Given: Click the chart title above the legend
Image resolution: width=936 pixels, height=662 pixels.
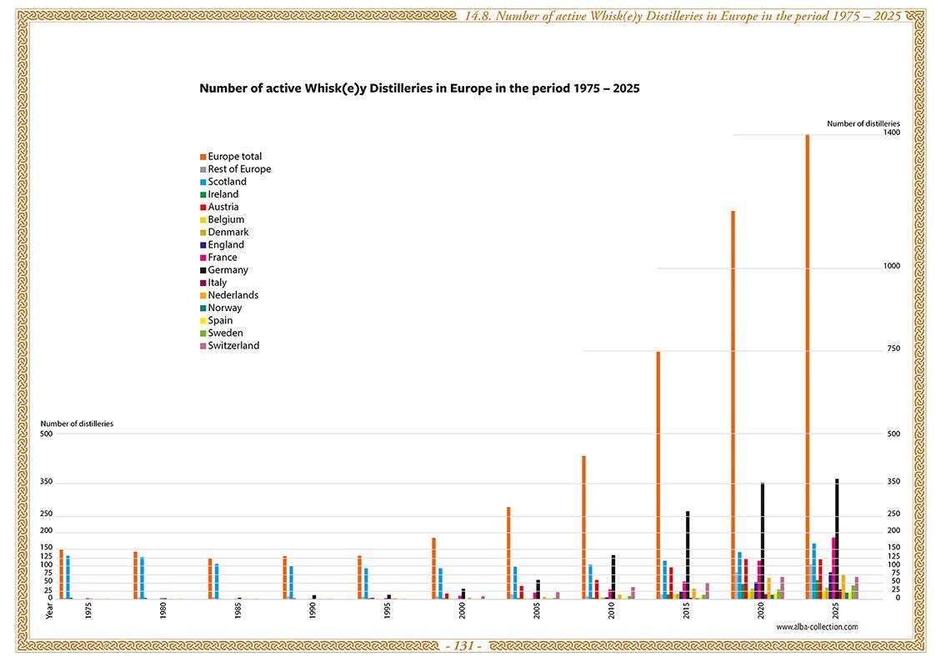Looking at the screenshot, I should click(x=419, y=88).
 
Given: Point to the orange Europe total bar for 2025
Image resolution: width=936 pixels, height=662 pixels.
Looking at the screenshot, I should click(x=807, y=367).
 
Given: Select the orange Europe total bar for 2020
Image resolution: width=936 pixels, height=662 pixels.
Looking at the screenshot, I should click(x=733, y=404).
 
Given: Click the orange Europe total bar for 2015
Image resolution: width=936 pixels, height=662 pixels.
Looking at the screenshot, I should click(x=658, y=475).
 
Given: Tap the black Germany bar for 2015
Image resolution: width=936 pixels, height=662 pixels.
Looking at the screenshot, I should click(x=688, y=554).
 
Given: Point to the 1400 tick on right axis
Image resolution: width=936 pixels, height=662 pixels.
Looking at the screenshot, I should click(x=891, y=133).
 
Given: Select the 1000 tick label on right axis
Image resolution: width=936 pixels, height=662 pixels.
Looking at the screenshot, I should click(x=891, y=267).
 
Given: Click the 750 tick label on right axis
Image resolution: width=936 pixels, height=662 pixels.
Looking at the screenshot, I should click(x=893, y=349).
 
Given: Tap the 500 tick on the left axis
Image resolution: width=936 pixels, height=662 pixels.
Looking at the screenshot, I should click(x=46, y=434).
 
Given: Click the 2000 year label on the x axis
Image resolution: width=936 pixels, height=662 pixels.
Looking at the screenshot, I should click(x=462, y=610).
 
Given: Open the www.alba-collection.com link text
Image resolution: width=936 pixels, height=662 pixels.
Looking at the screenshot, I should click(x=816, y=626).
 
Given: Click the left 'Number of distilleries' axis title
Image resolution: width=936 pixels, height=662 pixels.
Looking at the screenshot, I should click(x=77, y=424).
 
